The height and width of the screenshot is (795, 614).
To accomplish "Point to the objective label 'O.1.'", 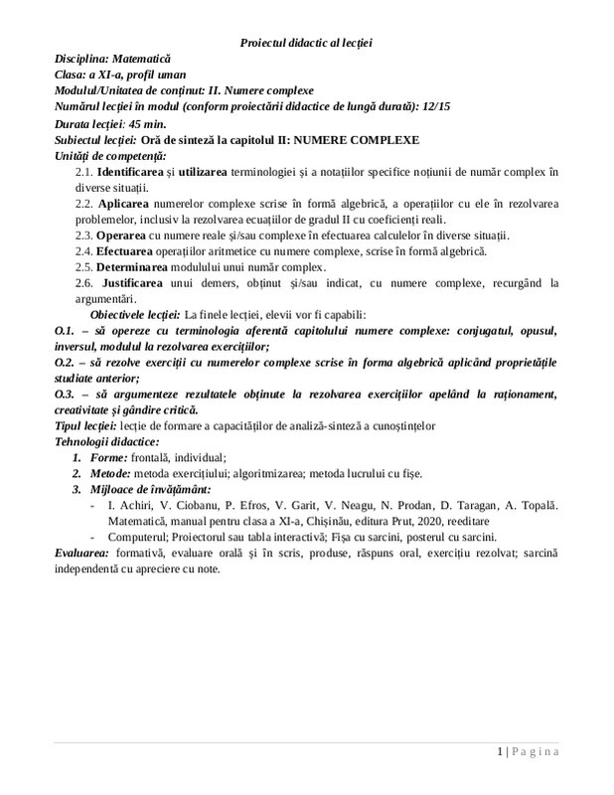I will (x=65, y=330).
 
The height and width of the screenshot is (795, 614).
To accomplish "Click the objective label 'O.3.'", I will (x=65, y=395).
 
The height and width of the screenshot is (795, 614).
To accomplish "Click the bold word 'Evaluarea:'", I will (x=81, y=556).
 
